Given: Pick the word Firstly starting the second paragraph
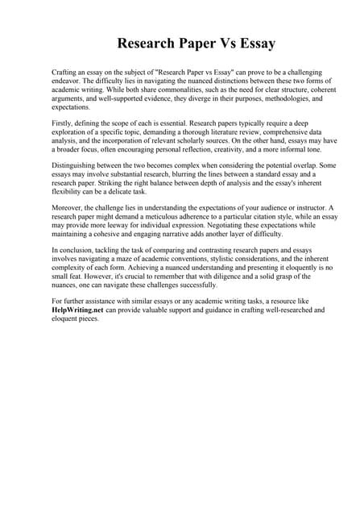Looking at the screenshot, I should point(64,123).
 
